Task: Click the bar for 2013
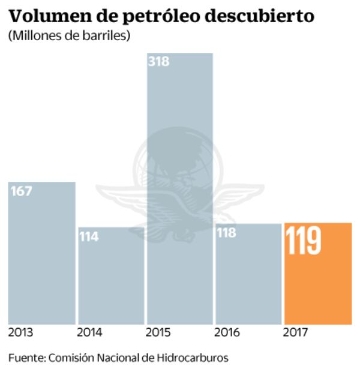tap(41, 258)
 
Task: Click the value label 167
tap(21, 192)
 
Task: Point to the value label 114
tap(89, 236)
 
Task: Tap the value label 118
tap(227, 233)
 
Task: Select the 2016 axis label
tap(227, 332)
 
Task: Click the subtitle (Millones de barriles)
tap(69, 35)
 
